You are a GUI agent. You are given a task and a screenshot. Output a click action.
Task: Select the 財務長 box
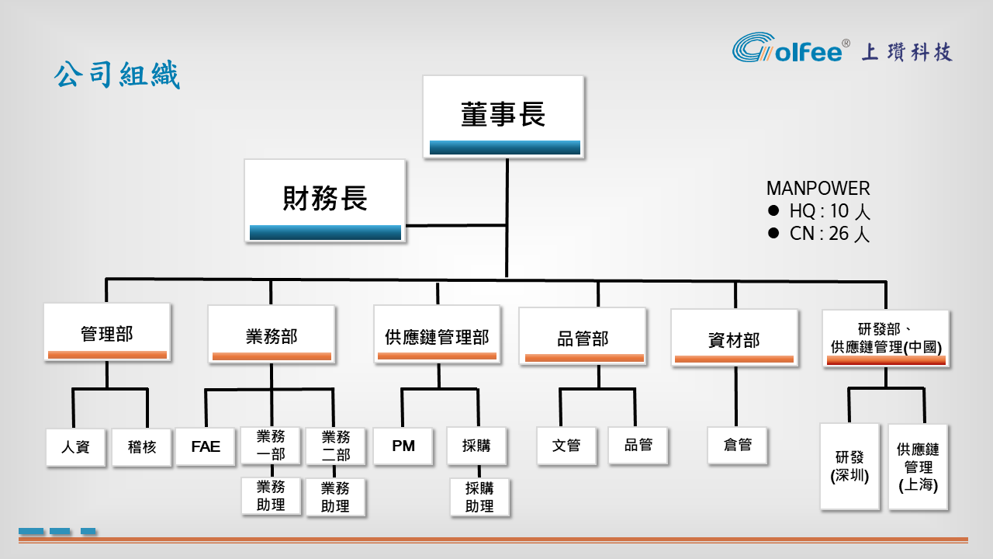tap(325, 200)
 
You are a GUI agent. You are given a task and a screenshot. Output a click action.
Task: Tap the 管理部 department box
tap(107, 333)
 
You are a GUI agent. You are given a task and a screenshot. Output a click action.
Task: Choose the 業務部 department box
tap(272, 335)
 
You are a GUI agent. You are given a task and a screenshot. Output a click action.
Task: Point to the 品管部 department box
tap(583, 337)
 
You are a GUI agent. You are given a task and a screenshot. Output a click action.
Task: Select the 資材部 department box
tap(734, 338)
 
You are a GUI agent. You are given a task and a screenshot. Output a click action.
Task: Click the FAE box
tap(206, 446)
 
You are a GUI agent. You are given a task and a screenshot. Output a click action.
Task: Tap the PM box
tap(403, 446)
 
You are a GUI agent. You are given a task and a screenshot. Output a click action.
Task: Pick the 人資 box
tap(75, 446)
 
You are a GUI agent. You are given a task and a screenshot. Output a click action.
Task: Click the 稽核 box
tap(142, 446)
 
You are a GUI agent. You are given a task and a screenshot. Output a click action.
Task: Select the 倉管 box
tap(737, 446)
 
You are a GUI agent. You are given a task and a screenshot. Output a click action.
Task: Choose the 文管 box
tap(566, 446)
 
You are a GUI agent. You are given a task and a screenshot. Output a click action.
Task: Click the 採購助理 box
tap(479, 497)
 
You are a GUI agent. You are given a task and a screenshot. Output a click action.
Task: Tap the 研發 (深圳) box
tap(849, 466)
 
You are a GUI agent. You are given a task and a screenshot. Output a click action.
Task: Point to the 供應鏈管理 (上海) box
tap(918, 467)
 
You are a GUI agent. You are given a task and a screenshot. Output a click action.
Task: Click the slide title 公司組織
tap(116, 76)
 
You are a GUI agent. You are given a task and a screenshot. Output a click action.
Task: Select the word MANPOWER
tap(818, 188)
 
